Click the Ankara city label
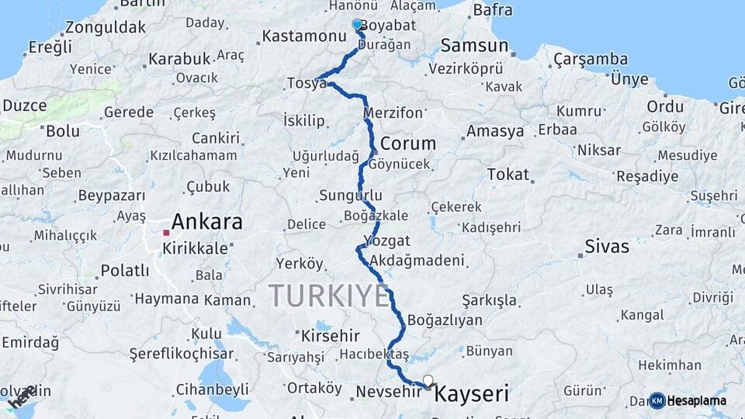click(x=206, y=222)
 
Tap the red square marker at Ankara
click(x=166, y=232)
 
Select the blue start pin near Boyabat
click(x=357, y=25)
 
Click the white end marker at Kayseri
click(x=428, y=381)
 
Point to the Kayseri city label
click(x=472, y=394)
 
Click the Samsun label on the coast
click(x=474, y=46)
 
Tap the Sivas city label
click(x=608, y=248)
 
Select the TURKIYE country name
click(x=328, y=296)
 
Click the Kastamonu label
click(x=303, y=36)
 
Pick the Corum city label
click(x=407, y=144)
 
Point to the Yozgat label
click(x=386, y=241)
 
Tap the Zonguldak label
click(x=106, y=27)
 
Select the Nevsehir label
click(x=388, y=392)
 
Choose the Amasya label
click(x=495, y=131)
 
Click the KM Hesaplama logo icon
click(x=657, y=400)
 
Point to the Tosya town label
click(x=307, y=83)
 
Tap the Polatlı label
click(x=124, y=271)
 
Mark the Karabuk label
click(x=179, y=58)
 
